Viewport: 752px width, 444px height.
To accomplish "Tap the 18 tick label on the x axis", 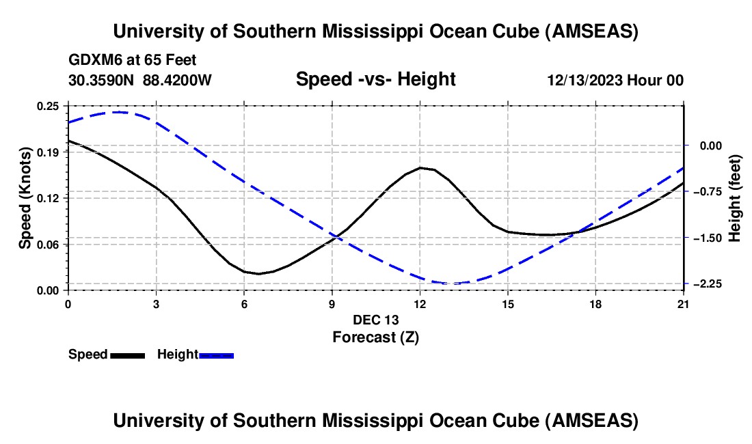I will (595, 304).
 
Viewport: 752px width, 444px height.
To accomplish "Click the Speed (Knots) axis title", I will (25, 197).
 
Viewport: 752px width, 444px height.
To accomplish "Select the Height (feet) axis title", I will (735, 197).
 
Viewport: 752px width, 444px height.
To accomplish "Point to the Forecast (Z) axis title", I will (375, 337).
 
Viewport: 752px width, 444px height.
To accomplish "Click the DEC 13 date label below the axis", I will (375, 320).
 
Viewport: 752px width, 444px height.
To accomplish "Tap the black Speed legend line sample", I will (127, 355).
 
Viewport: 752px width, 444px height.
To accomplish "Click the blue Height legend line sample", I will (217, 355).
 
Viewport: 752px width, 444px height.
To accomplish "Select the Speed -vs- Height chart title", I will (375, 79).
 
